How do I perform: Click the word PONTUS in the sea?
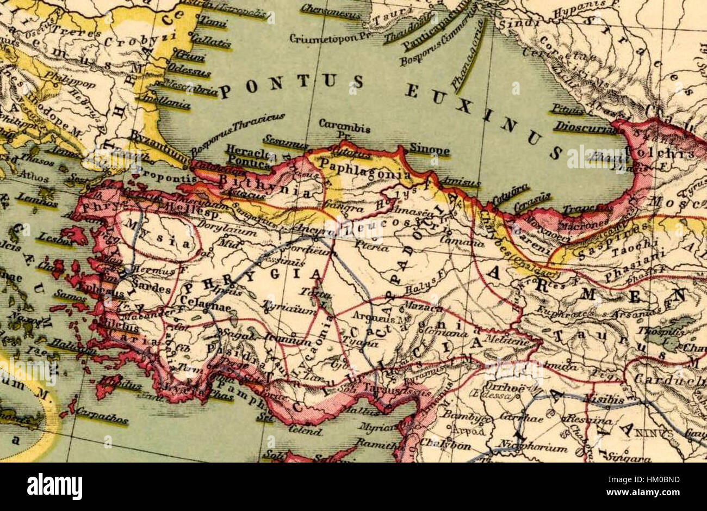coord(291,85)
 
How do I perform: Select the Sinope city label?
coord(429,151)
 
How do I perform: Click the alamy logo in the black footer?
coord(54,486)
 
